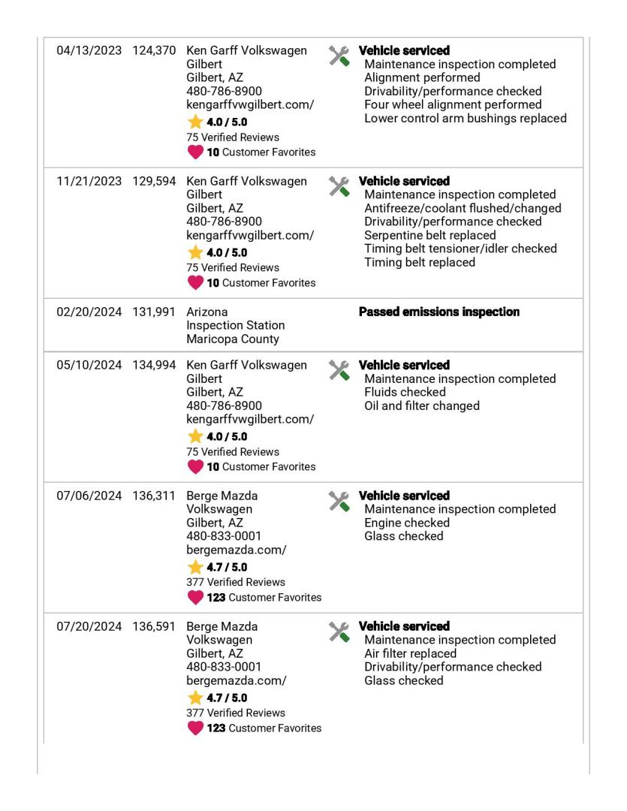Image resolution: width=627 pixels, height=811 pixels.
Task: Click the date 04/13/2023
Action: point(89,51)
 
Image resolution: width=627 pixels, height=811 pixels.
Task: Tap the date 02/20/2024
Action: point(89,312)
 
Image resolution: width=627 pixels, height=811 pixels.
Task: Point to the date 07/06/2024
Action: point(89,496)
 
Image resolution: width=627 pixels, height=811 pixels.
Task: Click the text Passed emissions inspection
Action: point(439,312)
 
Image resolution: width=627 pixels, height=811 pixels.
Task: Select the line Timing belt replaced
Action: point(419,263)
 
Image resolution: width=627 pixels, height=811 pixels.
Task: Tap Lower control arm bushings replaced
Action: point(465,119)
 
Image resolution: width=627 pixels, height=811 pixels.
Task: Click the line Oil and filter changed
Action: point(421,406)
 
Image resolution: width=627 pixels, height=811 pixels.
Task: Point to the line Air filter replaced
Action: point(410,654)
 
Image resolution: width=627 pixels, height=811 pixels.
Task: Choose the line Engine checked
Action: point(406,523)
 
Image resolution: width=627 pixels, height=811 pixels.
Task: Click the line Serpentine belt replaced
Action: point(430,236)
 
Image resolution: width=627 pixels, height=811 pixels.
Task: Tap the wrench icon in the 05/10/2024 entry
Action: point(339,370)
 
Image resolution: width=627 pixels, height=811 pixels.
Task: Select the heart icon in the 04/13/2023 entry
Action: point(195,152)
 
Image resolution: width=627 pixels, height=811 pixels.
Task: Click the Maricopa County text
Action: point(232,339)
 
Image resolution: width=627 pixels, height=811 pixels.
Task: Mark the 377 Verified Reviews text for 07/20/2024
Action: point(235,713)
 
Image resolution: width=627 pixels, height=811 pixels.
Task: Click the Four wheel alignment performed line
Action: point(452,105)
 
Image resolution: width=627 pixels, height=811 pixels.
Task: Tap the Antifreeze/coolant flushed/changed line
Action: point(462,209)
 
